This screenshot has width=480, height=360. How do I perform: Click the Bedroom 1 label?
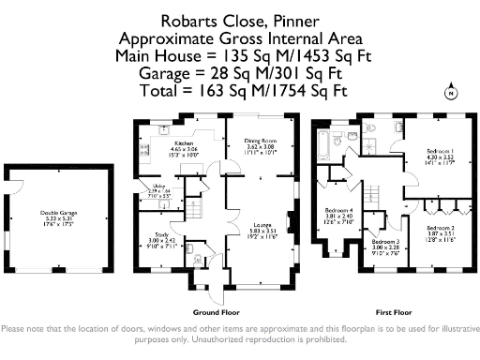[x=441, y=152]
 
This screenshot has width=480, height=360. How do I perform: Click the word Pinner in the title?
[x=297, y=19]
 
